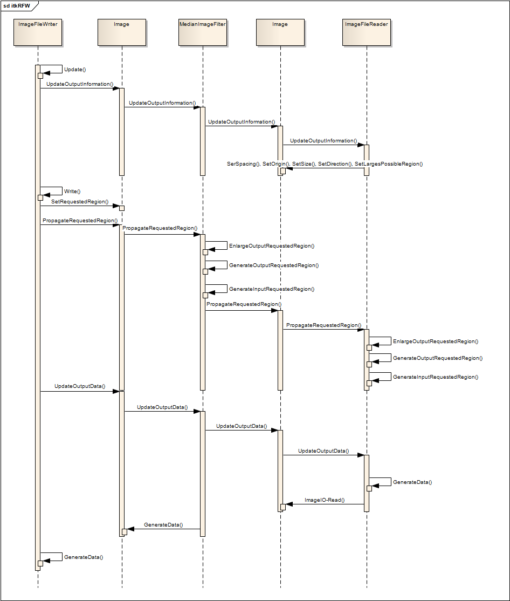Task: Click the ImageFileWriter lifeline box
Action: [38, 32]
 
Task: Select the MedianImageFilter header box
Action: [203, 32]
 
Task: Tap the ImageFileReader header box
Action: [367, 32]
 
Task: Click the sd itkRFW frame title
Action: [17, 6]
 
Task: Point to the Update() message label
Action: [75, 70]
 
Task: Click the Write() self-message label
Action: [72, 192]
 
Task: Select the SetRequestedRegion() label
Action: [80, 202]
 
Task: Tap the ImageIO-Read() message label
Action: [325, 500]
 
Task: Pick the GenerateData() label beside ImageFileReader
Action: [412, 482]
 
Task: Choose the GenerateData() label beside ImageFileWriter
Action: [84, 557]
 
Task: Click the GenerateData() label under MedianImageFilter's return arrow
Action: [163, 525]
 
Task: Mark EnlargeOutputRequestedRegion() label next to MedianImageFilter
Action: [272, 245]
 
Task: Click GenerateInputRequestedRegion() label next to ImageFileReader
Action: [436, 377]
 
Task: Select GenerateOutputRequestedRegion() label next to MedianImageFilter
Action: [274, 265]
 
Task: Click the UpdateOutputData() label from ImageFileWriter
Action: [80, 386]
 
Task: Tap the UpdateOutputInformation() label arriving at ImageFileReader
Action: [323, 141]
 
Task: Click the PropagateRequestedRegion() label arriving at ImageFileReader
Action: [323, 325]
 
